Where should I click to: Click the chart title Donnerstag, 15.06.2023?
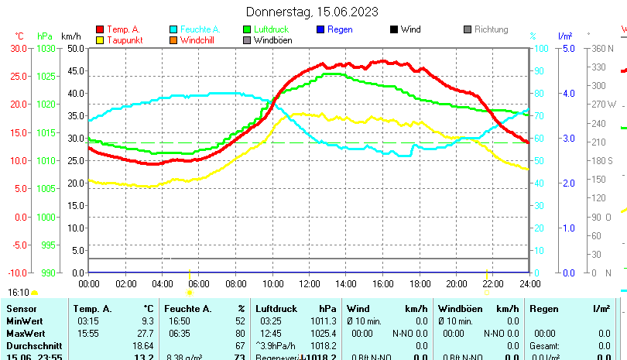click(312, 12)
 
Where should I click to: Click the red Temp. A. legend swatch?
click(99, 29)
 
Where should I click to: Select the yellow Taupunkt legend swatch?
click(99, 40)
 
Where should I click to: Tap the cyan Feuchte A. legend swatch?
click(173, 29)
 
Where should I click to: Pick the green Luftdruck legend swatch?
click(247, 29)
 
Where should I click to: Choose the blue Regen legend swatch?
click(320, 29)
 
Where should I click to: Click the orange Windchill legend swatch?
click(173, 40)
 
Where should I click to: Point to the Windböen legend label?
click(272, 40)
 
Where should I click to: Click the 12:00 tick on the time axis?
click(309, 283)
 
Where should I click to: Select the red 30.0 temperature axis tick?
click(19, 48)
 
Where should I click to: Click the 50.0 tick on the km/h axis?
click(76, 48)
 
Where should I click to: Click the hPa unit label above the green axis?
click(45, 36)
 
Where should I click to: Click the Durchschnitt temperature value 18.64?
click(143, 345)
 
